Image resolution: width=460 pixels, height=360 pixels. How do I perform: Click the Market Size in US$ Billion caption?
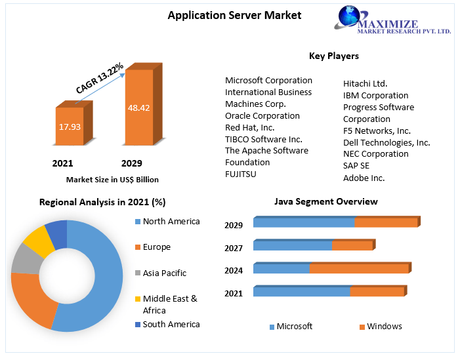pos(112,179)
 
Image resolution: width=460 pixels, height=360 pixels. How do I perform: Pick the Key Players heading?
pos(333,56)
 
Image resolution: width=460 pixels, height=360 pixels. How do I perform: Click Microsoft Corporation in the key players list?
pos(268,80)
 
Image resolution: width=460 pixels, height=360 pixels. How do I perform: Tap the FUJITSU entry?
pos(241,174)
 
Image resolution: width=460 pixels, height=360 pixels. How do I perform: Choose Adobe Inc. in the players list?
pos(364,177)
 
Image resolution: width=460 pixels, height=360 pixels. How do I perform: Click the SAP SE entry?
pos(356,165)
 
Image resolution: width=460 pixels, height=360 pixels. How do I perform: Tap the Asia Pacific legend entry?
pos(164,273)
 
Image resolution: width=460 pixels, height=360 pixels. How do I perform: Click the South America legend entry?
pos(171,324)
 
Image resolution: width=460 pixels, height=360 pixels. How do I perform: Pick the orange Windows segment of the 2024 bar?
pos(359,268)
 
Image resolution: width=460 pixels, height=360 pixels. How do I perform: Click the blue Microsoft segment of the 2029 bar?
pos(303,223)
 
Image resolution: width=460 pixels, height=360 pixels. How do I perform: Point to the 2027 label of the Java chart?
pos(234,248)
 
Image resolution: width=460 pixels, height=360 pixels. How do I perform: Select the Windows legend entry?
pos(384,326)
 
